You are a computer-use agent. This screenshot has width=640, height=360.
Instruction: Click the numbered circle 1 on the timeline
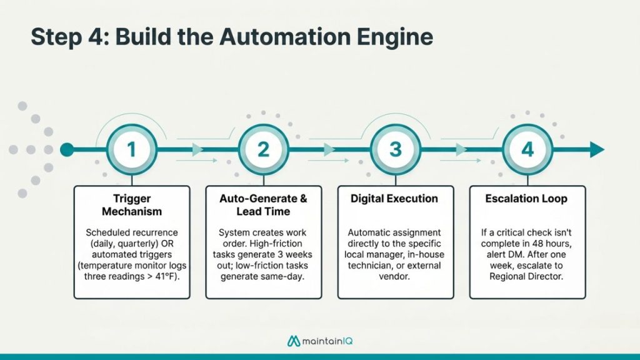[x=131, y=150]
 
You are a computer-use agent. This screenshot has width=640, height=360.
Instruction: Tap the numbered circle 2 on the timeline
[x=263, y=150]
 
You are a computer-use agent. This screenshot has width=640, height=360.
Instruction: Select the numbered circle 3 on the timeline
[x=395, y=150]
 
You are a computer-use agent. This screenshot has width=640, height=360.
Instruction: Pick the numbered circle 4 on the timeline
[x=527, y=150]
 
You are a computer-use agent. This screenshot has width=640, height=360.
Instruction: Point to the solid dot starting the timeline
[x=67, y=150]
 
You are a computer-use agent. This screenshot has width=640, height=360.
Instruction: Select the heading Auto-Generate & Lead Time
[x=263, y=205]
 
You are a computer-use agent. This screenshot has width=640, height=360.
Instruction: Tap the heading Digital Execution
[x=395, y=199]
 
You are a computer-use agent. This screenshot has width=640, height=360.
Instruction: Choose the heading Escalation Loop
[x=527, y=199]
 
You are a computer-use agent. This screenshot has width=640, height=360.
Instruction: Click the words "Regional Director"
[x=527, y=277]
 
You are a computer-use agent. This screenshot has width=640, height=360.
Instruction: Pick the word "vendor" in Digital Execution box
[x=394, y=277]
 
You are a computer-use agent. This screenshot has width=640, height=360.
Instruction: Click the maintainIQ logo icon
[x=294, y=341]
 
